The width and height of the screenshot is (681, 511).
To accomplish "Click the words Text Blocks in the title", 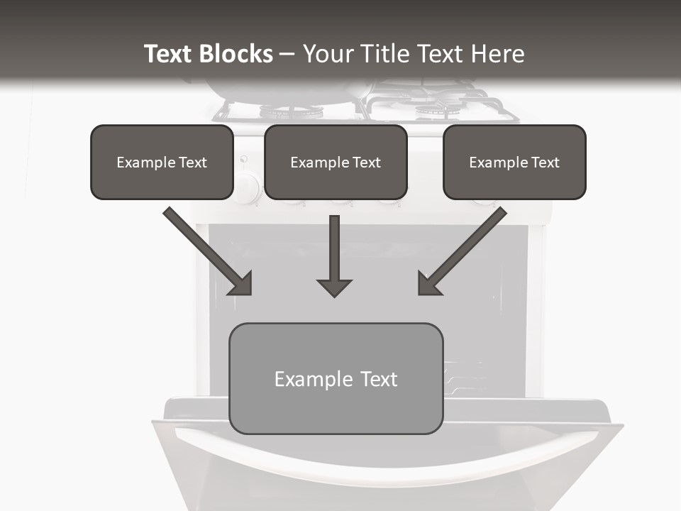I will click(x=208, y=54).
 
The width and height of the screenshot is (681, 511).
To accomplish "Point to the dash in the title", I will click(x=287, y=55).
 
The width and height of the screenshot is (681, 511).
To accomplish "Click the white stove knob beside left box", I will click(x=246, y=188).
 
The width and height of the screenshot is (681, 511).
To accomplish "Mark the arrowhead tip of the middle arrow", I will click(x=334, y=295).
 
